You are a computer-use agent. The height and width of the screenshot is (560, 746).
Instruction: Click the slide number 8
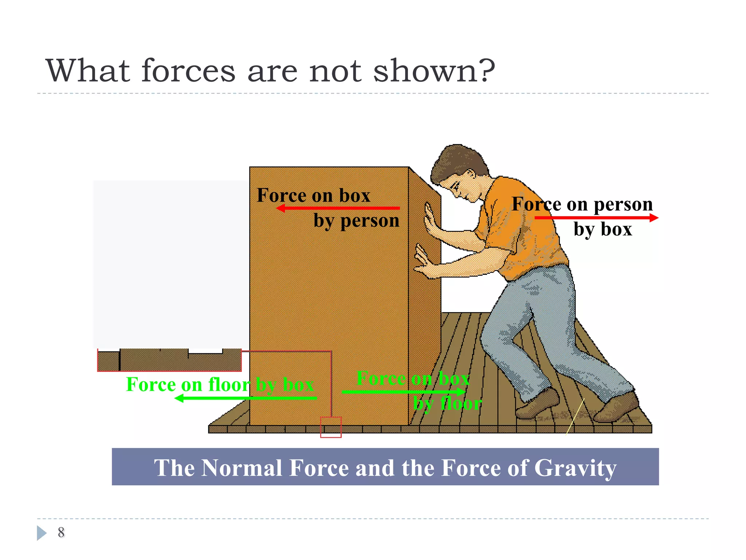coord(61,532)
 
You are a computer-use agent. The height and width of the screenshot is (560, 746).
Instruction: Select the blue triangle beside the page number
coord(42,533)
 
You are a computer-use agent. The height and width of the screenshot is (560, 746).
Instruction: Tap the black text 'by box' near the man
coord(603,230)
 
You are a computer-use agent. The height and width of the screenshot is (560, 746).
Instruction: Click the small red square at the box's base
coord(331,427)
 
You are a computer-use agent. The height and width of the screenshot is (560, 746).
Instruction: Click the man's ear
coord(471,175)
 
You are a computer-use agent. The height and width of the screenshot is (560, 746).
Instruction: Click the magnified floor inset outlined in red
coord(169,360)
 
